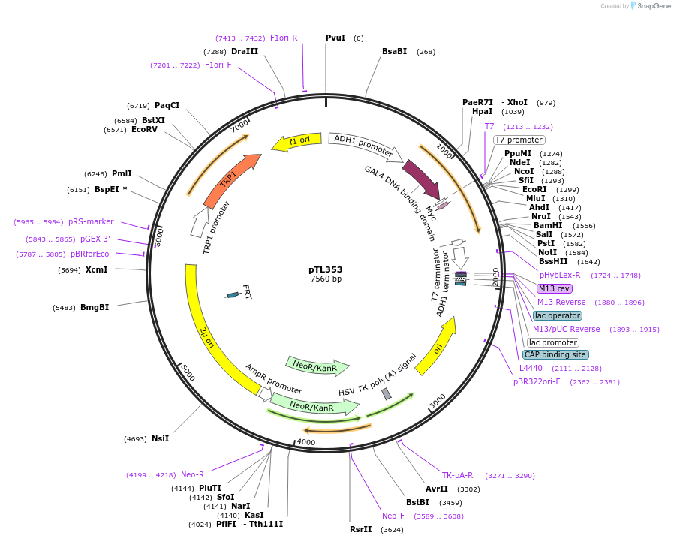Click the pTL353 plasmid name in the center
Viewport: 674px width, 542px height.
(x=325, y=269)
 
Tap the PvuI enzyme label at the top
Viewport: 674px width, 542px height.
(x=335, y=38)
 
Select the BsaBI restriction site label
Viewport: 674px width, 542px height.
(x=394, y=51)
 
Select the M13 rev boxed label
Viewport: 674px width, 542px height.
(x=554, y=288)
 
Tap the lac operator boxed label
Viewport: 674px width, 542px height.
(x=558, y=315)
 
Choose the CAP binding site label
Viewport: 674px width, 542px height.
(x=555, y=354)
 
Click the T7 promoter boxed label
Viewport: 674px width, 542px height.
(x=519, y=140)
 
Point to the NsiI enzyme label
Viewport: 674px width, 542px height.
(x=160, y=438)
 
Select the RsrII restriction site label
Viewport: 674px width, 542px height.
(x=360, y=529)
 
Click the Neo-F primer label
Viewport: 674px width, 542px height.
(x=393, y=516)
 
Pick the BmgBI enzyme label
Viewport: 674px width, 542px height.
(x=95, y=307)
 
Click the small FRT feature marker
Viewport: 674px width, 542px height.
(x=233, y=295)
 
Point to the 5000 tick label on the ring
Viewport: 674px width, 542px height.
(x=188, y=372)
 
